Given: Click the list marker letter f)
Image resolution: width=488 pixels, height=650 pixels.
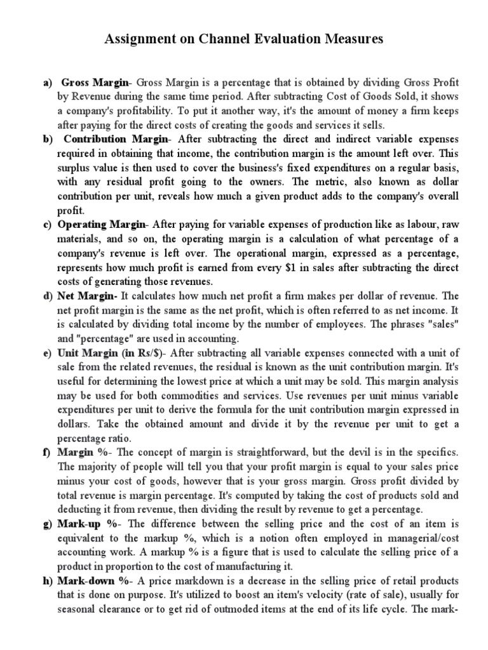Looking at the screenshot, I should [x=46, y=452].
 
